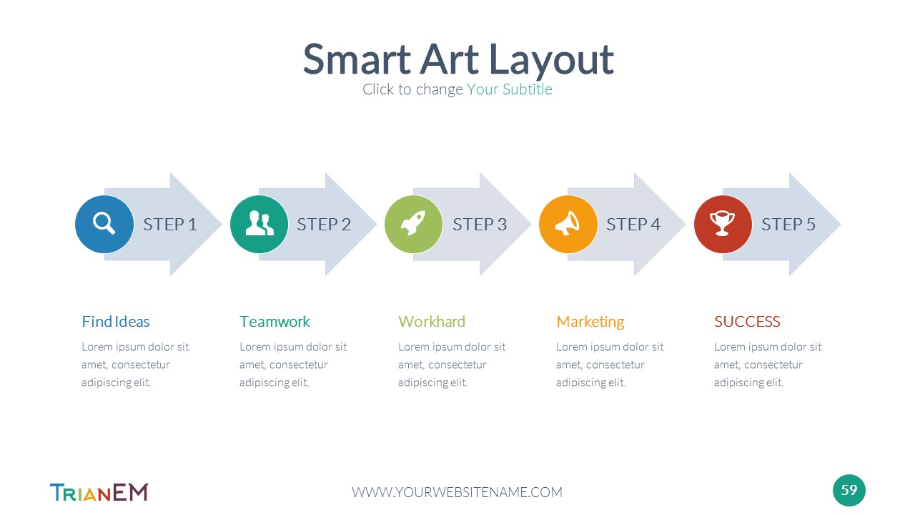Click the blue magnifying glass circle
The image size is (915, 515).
coord(104,224)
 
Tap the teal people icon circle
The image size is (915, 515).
coord(259,224)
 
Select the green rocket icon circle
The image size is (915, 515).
coord(413,224)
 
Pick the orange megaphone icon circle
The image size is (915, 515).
coord(568,224)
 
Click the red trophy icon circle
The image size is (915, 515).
coord(723,224)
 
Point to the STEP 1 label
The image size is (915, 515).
coord(170,225)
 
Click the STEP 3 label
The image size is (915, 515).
coord(480,225)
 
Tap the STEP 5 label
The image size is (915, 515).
coord(788,225)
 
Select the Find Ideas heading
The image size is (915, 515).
coord(116,322)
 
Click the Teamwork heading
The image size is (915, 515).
coord(275,322)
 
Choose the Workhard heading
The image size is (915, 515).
coord(432,322)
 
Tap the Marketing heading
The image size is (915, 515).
coord(590,322)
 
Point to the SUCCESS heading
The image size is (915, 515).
coord(747,322)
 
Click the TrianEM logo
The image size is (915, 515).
coord(99,492)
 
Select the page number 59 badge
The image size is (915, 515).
coord(849,490)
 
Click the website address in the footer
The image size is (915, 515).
coord(457,492)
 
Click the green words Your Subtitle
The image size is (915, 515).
coord(510,89)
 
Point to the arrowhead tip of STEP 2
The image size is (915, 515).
coord(377,224)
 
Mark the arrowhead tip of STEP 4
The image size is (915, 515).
coord(686,224)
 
